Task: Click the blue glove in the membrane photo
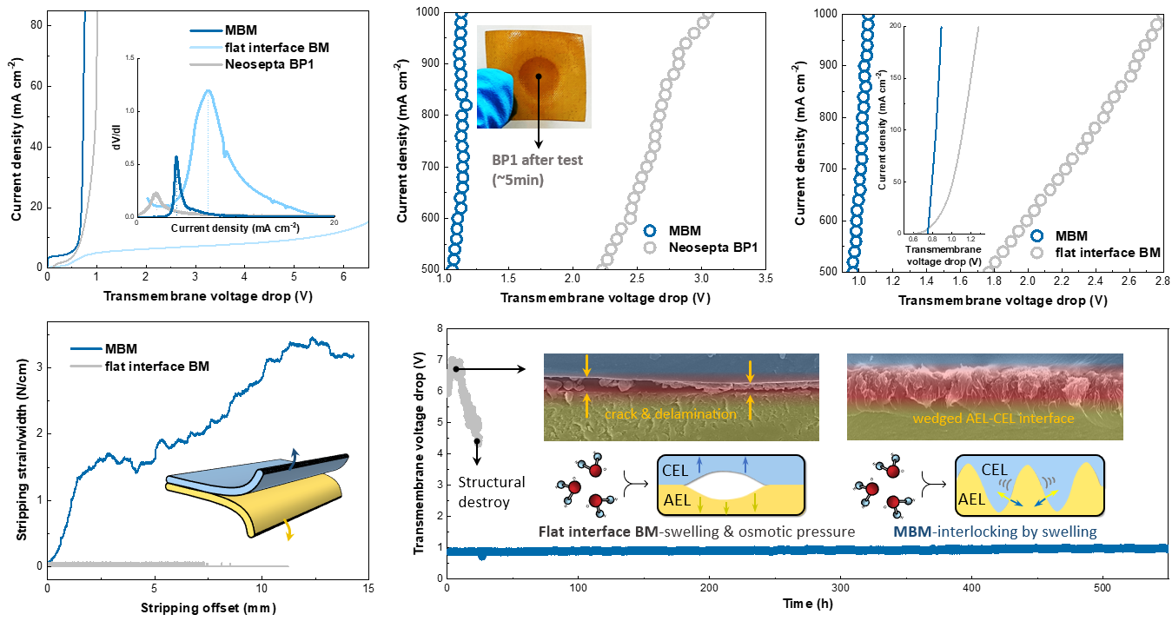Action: click(493, 96)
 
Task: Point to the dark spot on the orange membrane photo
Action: click(539, 76)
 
